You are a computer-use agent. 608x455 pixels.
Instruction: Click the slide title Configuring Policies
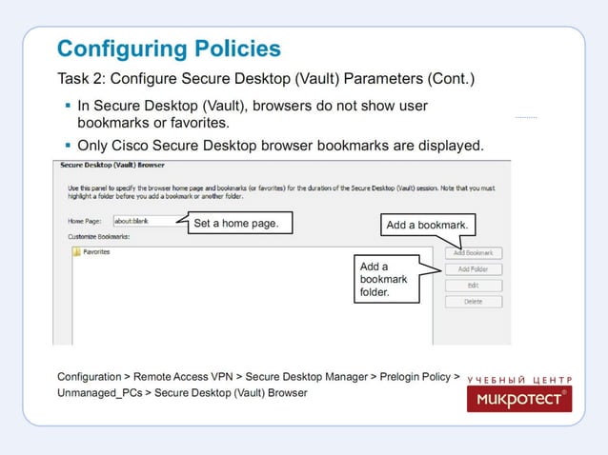point(169,49)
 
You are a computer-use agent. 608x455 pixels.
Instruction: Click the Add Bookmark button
point(473,253)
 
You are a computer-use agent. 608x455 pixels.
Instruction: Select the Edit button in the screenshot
point(473,285)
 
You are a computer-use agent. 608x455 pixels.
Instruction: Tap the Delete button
point(473,301)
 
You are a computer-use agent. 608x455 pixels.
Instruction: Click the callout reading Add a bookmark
point(428,225)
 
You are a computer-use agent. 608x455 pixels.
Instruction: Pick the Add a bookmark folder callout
point(384,280)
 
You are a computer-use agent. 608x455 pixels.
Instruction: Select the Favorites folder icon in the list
point(76,252)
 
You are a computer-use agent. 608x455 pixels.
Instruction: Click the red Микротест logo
point(519,399)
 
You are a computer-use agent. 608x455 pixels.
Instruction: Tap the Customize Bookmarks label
point(98,234)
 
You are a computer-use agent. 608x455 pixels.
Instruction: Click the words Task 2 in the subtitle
point(79,77)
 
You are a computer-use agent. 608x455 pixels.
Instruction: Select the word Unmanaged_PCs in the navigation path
point(98,392)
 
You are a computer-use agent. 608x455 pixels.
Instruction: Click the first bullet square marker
point(68,105)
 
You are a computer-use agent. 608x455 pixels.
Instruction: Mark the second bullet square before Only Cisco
point(68,146)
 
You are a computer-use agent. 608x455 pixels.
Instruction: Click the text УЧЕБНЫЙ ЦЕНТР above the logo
point(519,379)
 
